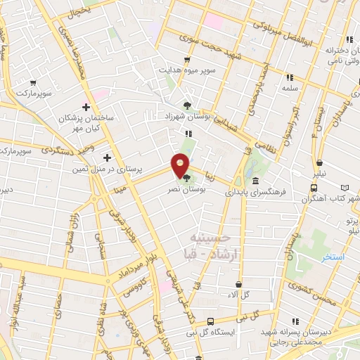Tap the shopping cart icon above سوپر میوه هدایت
tap(186, 60)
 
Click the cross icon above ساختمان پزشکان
tap(86, 108)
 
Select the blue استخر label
tap(333, 257)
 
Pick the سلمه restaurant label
tap(290, 88)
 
